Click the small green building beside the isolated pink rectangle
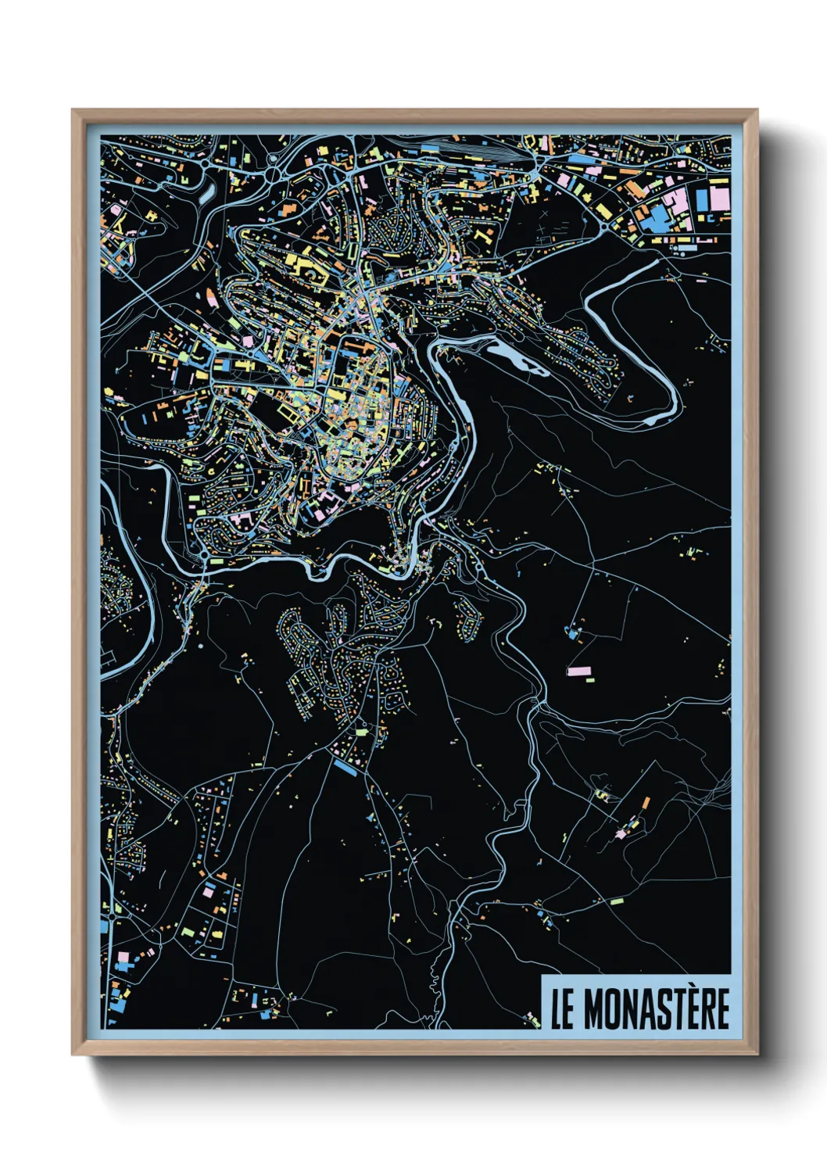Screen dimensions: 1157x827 point(589,679)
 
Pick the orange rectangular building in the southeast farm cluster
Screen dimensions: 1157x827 point(646,803)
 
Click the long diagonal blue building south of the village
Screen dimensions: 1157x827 point(345,768)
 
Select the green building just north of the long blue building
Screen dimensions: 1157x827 point(361,733)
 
